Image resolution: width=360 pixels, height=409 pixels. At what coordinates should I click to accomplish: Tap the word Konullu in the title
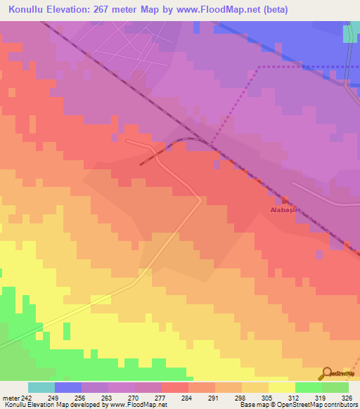(29, 11)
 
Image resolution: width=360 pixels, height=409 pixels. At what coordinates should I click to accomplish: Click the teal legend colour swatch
(41, 387)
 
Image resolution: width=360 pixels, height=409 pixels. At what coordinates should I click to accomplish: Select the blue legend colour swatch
(68, 387)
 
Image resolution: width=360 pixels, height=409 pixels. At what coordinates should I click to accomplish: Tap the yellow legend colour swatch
(282, 387)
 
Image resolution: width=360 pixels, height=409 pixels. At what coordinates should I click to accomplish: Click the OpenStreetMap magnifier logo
(327, 373)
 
